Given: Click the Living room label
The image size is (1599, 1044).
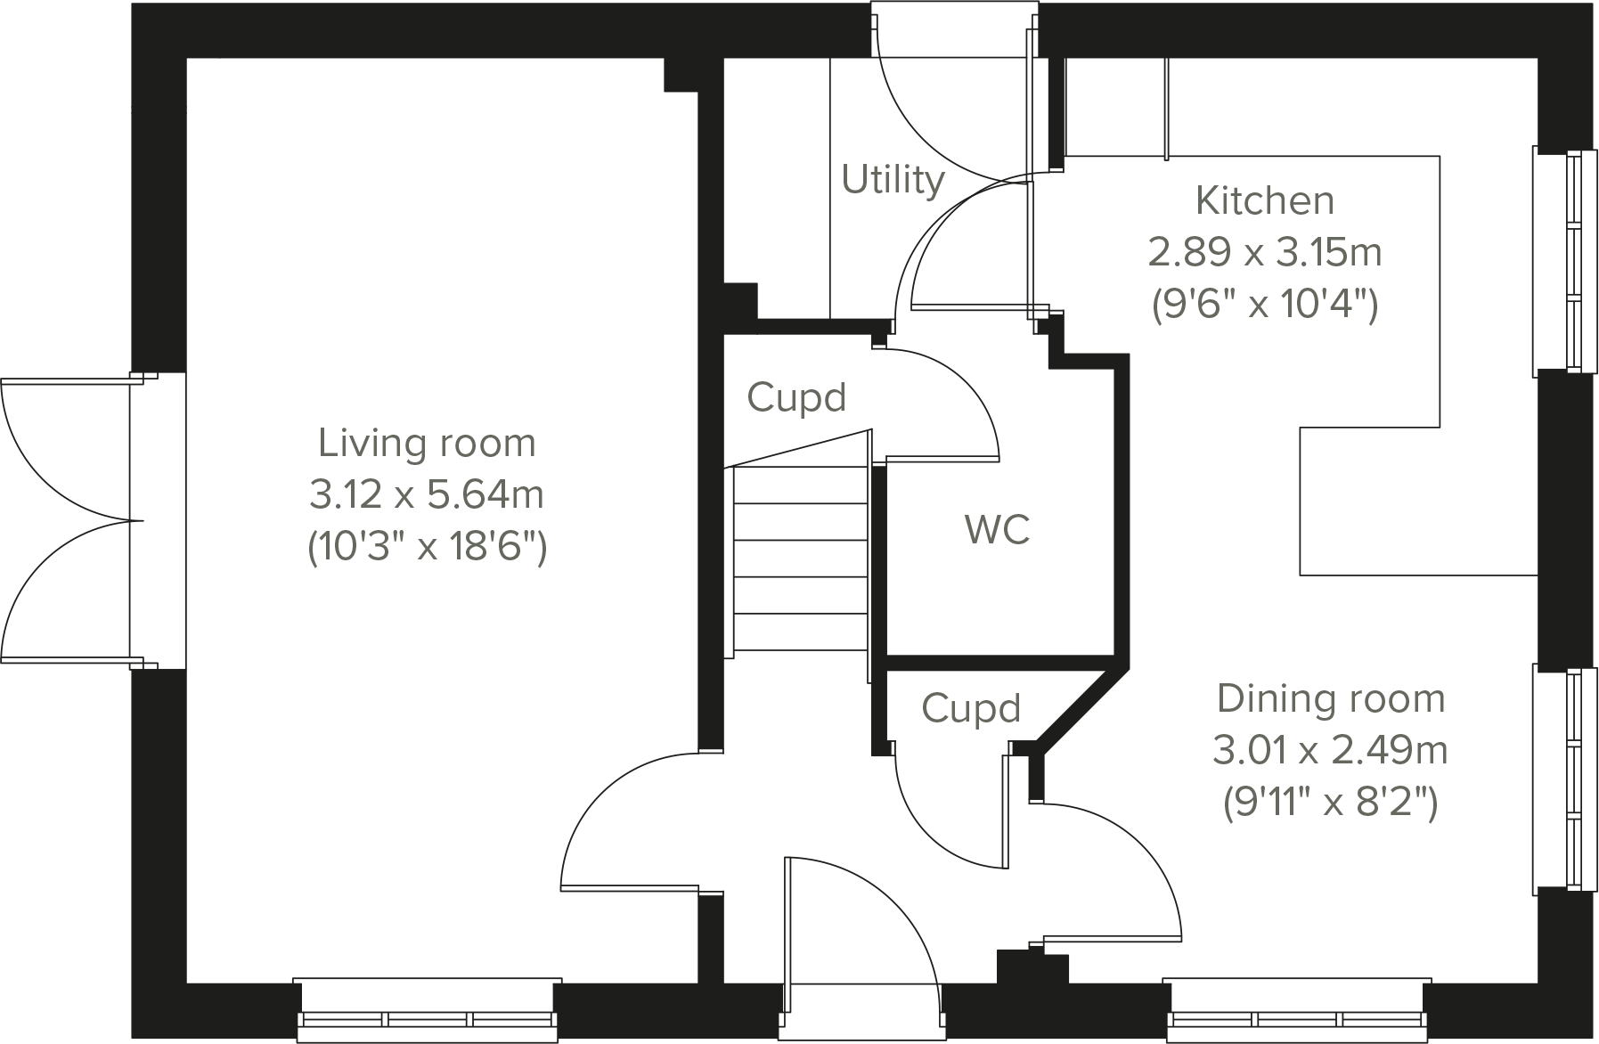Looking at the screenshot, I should [x=427, y=443].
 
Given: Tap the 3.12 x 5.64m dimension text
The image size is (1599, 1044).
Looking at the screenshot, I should [x=427, y=494].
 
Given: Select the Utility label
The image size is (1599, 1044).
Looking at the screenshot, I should [x=893, y=179].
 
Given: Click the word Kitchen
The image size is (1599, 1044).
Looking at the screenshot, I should [x=1264, y=200].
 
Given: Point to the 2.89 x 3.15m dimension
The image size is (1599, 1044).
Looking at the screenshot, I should [x=1264, y=253].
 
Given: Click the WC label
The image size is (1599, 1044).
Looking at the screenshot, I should [x=997, y=529].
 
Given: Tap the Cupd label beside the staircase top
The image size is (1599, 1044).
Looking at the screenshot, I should [x=795, y=397].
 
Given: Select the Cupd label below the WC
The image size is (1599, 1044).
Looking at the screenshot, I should [x=970, y=709].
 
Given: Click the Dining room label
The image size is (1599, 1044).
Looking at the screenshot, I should [x=1331, y=699].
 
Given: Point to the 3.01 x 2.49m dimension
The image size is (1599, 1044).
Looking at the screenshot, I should [x=1330, y=751].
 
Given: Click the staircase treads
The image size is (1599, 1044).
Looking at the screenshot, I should [x=800, y=561].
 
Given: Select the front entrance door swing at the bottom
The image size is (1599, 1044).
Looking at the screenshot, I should [x=860, y=926].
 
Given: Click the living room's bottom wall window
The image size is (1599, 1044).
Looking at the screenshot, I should [x=427, y=1011].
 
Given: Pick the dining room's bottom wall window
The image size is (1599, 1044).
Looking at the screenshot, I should [x=1297, y=1011].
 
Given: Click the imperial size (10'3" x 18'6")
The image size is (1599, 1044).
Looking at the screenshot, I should [x=427, y=546].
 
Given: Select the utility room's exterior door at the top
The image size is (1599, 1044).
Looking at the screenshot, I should [x=953, y=89].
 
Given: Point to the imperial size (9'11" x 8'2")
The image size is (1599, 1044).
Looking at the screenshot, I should [x=1330, y=803].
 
